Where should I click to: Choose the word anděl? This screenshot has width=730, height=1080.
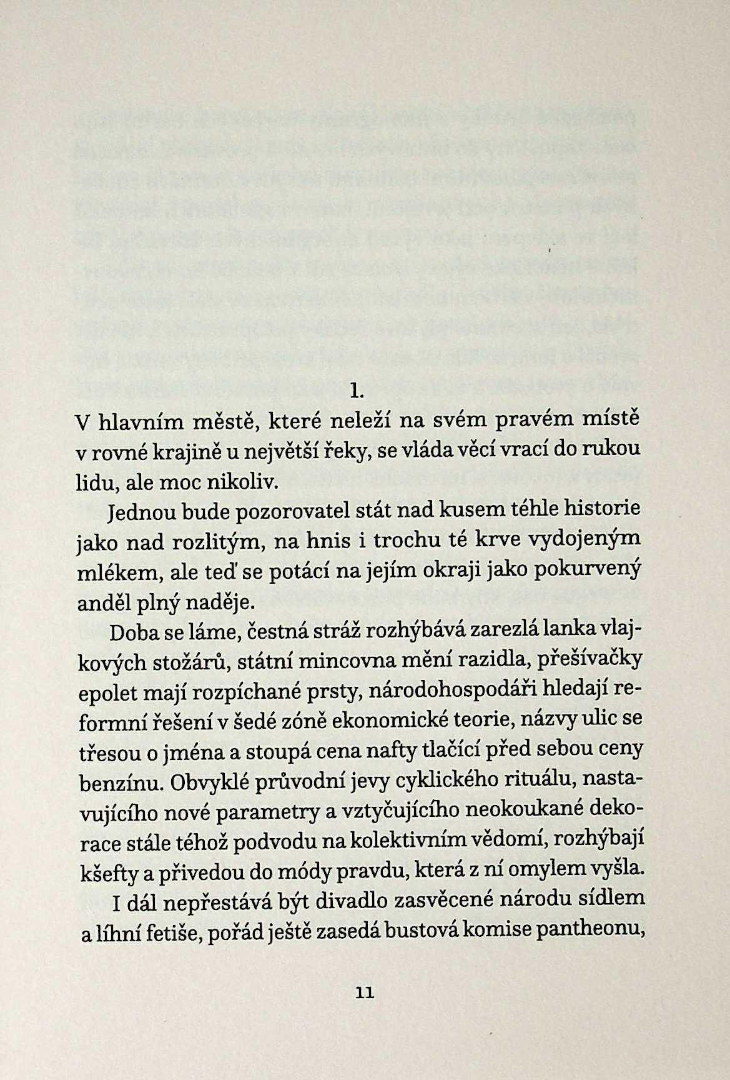[102, 603]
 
